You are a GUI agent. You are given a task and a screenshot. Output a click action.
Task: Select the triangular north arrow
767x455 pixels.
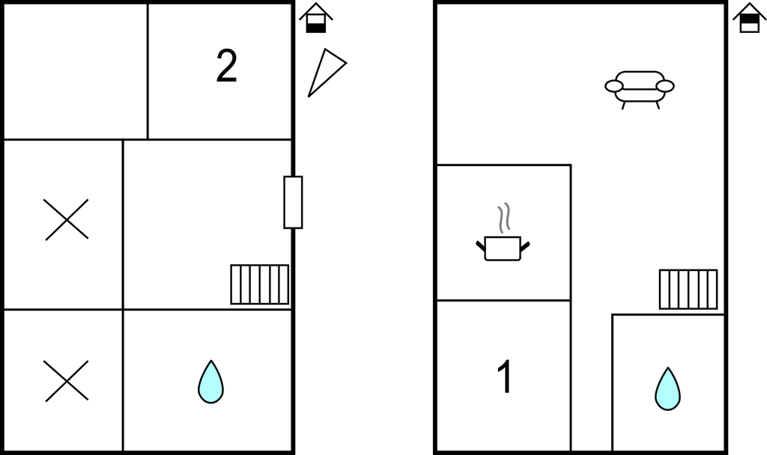pyautogui.click(x=325, y=73)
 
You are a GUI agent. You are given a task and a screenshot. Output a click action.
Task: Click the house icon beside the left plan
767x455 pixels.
pyautogui.click(x=316, y=18)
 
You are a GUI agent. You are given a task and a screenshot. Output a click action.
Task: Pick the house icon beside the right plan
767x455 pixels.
pyautogui.click(x=750, y=18)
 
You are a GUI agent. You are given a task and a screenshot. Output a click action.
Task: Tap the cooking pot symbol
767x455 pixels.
pyautogui.click(x=503, y=247)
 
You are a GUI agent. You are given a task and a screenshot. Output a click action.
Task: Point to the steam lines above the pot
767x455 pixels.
pyautogui.click(x=505, y=216)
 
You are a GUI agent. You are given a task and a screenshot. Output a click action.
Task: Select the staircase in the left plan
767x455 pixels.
pyautogui.click(x=259, y=284)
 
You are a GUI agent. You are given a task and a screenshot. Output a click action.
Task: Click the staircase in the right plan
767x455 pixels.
pyautogui.click(x=688, y=289)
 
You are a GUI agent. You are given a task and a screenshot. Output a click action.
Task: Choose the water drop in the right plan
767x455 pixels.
pyautogui.click(x=667, y=388)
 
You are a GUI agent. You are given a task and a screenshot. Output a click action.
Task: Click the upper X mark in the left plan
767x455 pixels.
pyautogui.click(x=67, y=220)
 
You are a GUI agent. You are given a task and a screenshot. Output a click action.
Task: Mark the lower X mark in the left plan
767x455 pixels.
pyautogui.click(x=66, y=381)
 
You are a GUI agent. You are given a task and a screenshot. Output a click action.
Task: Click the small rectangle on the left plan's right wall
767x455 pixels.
pyautogui.click(x=293, y=202)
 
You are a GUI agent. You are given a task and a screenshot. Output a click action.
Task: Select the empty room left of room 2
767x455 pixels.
pyautogui.click(x=76, y=72)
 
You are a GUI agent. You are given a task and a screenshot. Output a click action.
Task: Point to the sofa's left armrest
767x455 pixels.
pyautogui.click(x=614, y=87)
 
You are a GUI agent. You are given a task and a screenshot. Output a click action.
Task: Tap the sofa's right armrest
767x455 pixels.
pyautogui.click(x=665, y=86)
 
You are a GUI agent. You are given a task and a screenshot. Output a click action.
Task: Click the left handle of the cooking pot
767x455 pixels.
pyautogui.click(x=480, y=245)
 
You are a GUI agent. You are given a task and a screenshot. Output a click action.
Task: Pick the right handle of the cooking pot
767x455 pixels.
pyautogui.click(x=525, y=245)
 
